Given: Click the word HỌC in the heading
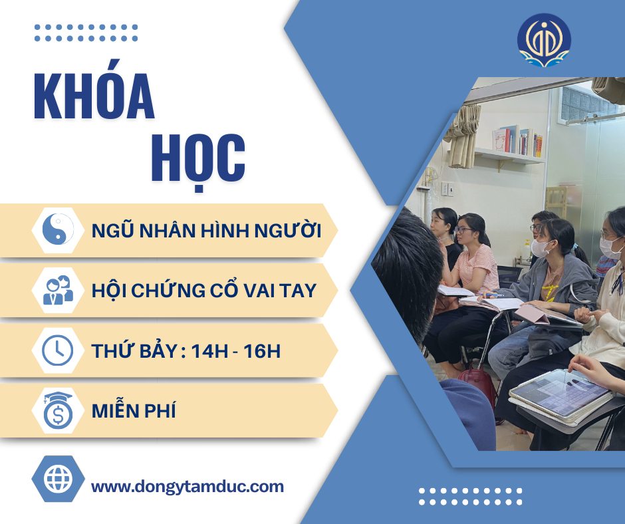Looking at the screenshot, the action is (198, 159).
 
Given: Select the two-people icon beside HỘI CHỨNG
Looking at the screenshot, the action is (59, 290).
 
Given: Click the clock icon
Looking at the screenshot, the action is (58, 350).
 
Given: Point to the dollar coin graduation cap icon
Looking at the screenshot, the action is (59, 410).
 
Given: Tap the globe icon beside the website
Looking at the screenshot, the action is (59, 479).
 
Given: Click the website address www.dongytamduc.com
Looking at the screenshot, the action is (187, 487).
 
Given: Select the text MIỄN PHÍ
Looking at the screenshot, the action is (134, 410).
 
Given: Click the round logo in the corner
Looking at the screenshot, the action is (544, 39).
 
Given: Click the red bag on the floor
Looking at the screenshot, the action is (477, 385).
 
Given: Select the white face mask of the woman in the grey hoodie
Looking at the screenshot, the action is (541, 248).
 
